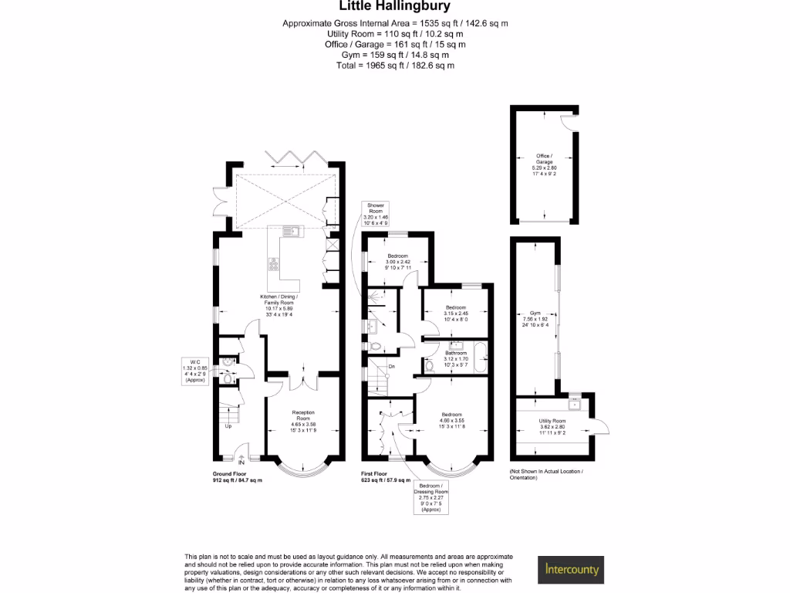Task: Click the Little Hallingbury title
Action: coord(395,8)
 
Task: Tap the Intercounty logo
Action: coord(571,570)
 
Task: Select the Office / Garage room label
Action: coord(544,164)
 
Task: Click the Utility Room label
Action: coord(552,426)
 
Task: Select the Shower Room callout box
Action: coord(376,213)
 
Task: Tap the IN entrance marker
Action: coord(241,464)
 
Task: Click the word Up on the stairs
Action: coord(228,426)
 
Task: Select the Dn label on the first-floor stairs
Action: coord(392,366)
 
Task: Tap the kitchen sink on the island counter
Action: coord(293,231)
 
